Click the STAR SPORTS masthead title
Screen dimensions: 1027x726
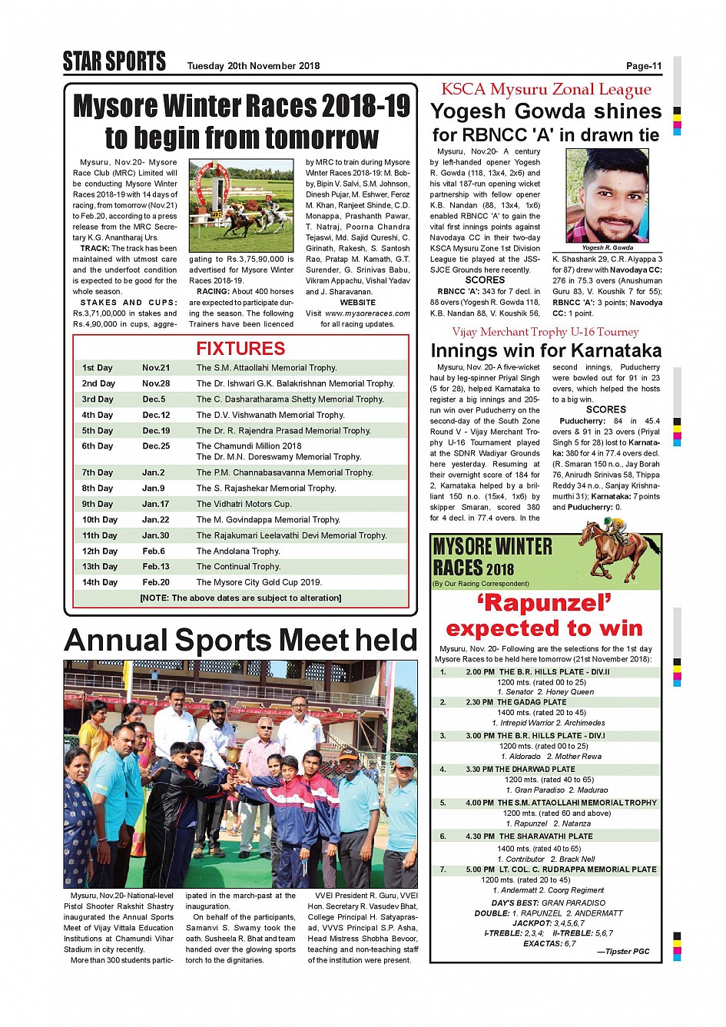click(x=114, y=61)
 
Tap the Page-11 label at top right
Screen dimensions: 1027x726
click(x=643, y=66)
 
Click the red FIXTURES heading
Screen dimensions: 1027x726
click(x=240, y=349)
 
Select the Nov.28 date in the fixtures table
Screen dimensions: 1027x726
click(x=156, y=383)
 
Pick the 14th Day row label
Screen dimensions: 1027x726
click(x=100, y=582)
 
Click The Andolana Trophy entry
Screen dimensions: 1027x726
click(x=238, y=552)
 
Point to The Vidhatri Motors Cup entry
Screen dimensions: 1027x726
click(x=244, y=504)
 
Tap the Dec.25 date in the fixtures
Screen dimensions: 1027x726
click(x=156, y=446)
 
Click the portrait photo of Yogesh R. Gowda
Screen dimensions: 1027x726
click(x=607, y=196)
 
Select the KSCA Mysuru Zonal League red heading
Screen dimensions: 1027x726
click(x=545, y=90)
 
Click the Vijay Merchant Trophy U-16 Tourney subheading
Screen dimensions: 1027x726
click(x=545, y=332)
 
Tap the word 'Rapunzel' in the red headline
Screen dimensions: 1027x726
click(x=545, y=603)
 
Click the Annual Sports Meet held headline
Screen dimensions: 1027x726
click(x=240, y=641)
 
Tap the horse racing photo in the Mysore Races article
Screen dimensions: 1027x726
click(x=241, y=205)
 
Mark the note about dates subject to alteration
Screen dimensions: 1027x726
click(x=240, y=598)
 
